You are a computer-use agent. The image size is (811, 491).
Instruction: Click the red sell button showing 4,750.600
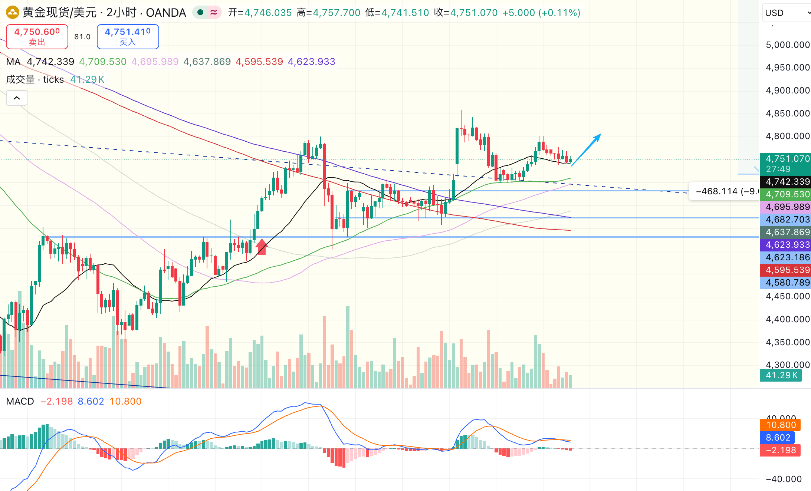[37, 36]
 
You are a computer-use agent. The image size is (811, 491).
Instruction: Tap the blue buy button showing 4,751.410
[128, 36]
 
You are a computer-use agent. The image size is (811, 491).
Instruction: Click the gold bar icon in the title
[12, 13]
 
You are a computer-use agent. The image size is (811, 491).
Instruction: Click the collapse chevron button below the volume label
[17, 98]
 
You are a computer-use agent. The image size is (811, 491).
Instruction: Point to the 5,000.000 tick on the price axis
[787, 45]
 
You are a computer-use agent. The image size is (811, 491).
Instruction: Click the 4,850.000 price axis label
[787, 113]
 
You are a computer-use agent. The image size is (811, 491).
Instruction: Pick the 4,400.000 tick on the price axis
[787, 319]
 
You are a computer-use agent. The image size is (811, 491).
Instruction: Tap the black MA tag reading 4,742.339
[785, 182]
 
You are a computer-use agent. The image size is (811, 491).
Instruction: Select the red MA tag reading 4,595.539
[785, 270]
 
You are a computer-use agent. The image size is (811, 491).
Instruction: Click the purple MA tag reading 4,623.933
[785, 245]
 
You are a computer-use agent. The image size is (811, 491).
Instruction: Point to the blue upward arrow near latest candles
[586, 150]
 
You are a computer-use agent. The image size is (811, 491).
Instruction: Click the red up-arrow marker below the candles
[262, 246]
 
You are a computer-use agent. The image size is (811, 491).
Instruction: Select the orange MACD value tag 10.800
[781, 425]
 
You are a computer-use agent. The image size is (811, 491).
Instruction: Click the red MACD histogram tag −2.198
[781, 450]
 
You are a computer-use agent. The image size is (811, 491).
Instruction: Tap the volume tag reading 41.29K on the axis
[781, 375]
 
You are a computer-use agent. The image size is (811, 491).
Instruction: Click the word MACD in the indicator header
[20, 401]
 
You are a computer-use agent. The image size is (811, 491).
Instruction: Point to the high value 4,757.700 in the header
[336, 13]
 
